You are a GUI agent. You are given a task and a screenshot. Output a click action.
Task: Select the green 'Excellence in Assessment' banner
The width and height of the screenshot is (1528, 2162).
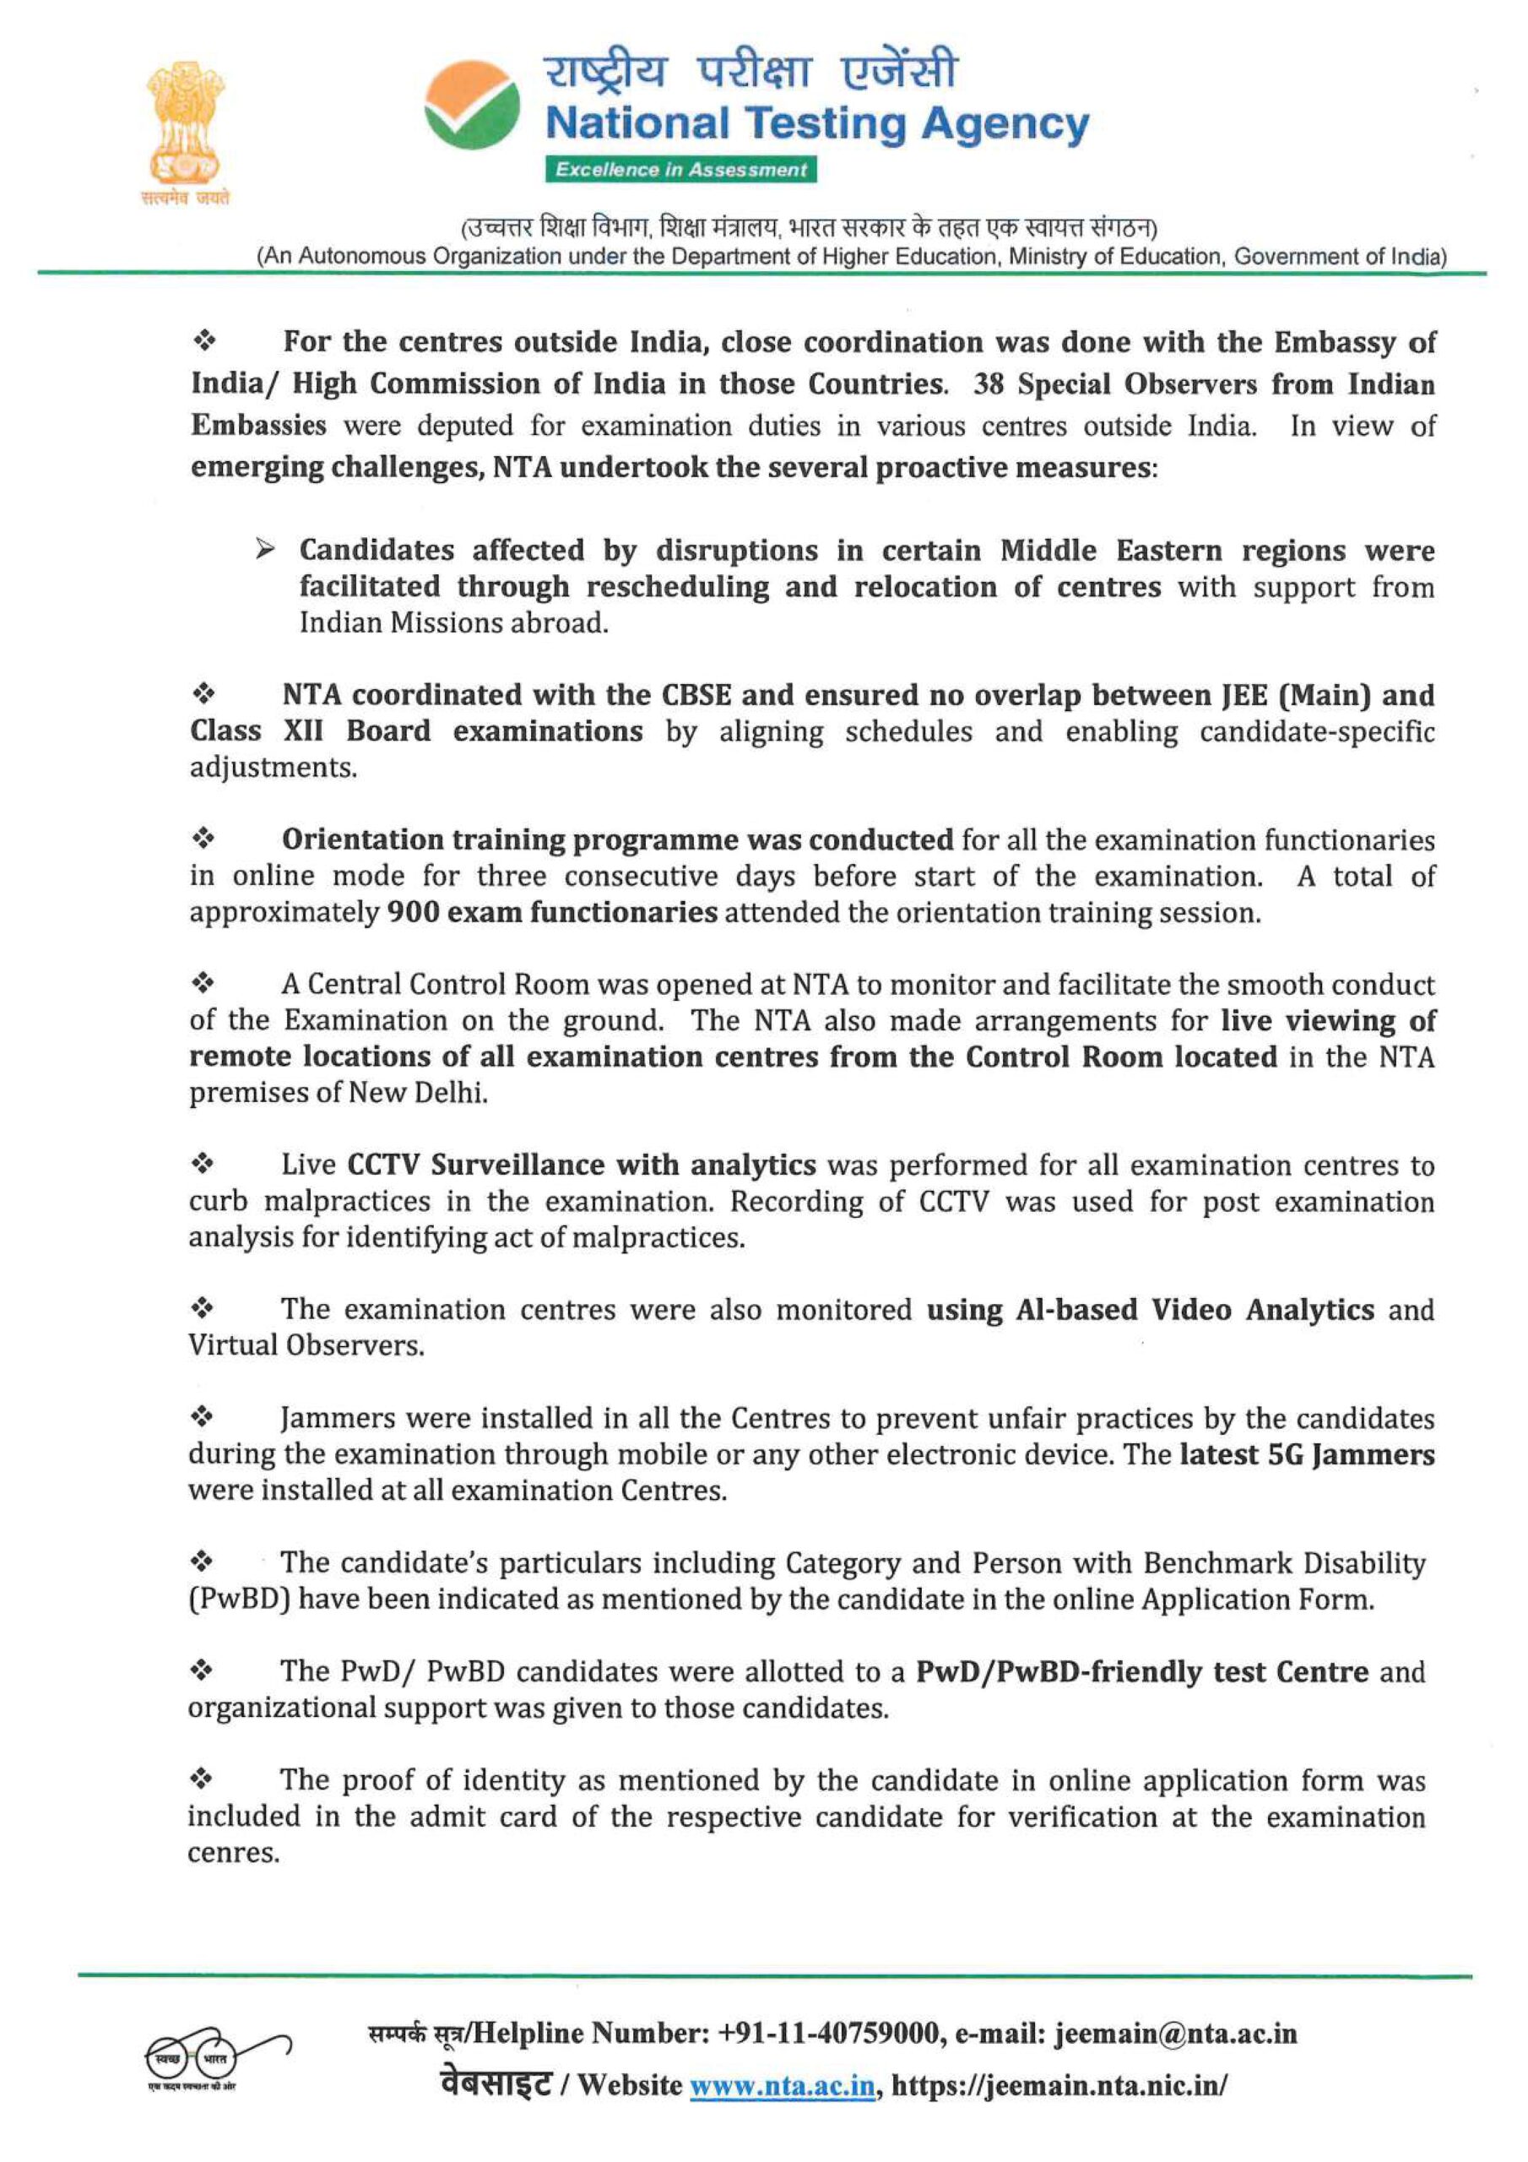(680, 170)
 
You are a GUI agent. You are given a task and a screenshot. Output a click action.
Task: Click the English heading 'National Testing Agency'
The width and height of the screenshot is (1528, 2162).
(816, 123)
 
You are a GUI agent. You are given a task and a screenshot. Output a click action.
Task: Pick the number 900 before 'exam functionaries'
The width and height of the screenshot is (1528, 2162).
(407, 912)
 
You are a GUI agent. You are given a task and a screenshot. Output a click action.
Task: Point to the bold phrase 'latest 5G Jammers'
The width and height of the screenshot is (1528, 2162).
(1307, 1455)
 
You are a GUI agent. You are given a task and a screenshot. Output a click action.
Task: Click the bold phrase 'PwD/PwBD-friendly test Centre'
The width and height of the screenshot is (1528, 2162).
(1142, 1672)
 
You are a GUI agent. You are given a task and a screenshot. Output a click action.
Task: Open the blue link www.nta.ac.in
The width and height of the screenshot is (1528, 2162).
(783, 2085)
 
